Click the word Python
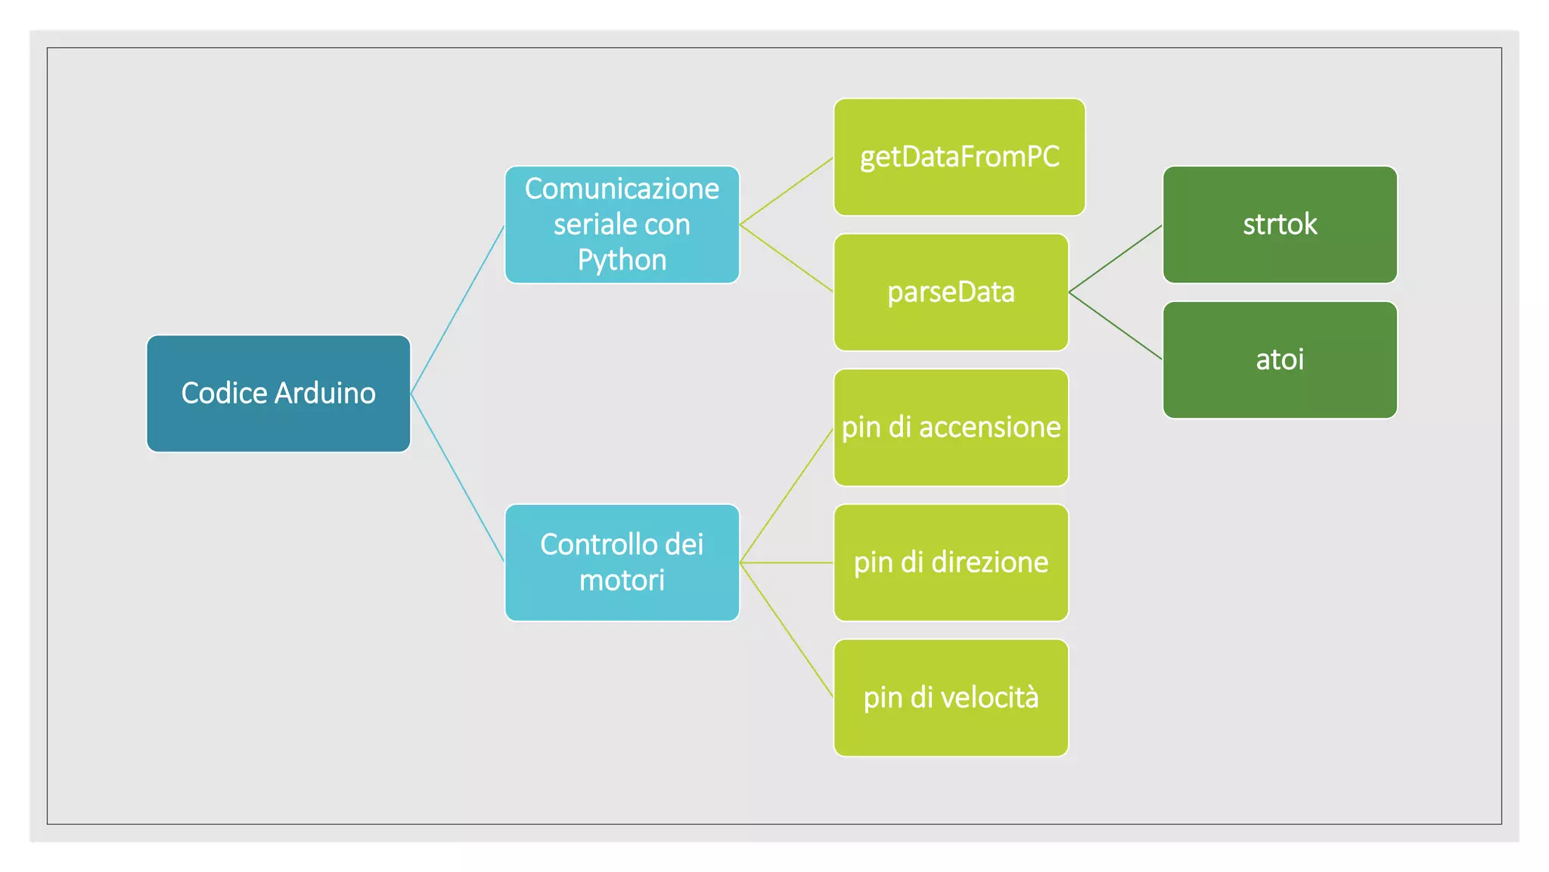coord(622,260)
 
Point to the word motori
coord(622,581)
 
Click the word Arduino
coord(325,393)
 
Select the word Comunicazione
coord(622,188)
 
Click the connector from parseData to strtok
coord(1116,259)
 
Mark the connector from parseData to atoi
coord(1116,325)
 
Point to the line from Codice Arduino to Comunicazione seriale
coord(458,310)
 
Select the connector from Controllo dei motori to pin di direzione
coord(787,562)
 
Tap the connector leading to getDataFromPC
coord(787,191)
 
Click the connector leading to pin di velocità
coord(787,630)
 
